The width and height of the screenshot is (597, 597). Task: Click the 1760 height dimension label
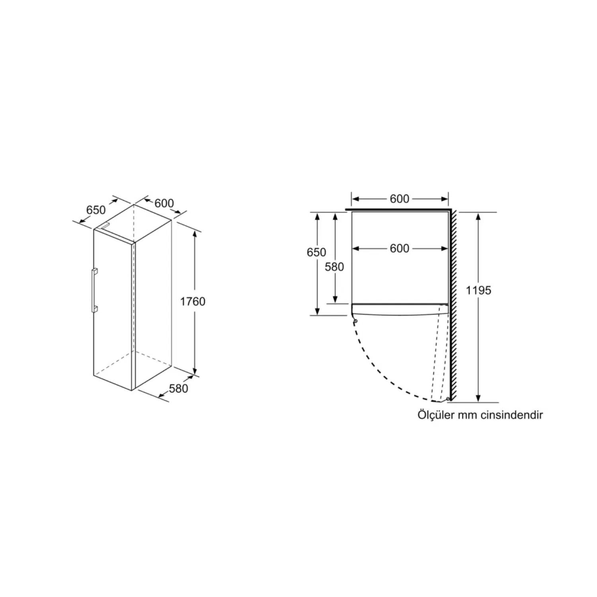coord(193,301)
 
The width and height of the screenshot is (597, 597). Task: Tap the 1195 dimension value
coord(479,290)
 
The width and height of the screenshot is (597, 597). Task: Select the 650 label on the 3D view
coord(96,209)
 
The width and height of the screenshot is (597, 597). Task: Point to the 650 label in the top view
coord(316,252)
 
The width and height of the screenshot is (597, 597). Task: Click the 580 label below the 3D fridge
coord(178,388)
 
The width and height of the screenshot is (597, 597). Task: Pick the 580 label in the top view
coord(334,267)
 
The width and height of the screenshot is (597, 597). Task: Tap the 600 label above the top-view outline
coord(400,199)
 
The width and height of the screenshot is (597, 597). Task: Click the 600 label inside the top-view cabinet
coord(400,248)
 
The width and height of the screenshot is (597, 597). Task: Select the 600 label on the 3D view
coord(164,203)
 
